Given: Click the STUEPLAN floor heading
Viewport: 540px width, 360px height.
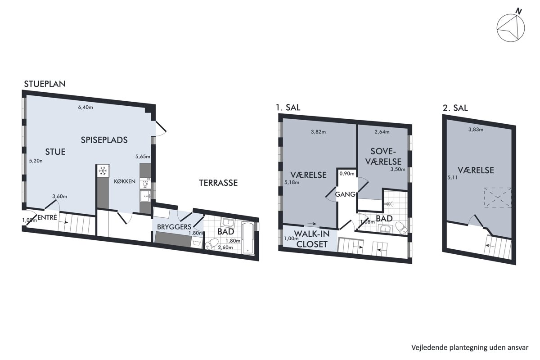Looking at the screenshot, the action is [45, 84].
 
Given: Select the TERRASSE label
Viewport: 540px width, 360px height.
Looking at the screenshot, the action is [218, 183].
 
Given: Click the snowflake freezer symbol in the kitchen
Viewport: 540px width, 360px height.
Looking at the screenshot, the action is [103, 171].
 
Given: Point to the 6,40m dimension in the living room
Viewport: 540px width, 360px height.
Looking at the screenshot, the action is [85, 107].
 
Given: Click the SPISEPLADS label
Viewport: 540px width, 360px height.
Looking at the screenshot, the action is [104, 140].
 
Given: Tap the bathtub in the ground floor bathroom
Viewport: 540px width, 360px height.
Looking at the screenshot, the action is [248, 238].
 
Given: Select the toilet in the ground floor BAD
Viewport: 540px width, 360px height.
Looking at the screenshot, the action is [211, 244].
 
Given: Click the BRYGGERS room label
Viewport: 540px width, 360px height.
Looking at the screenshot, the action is [174, 227].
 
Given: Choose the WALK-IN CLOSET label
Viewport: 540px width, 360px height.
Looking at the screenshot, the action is [312, 239].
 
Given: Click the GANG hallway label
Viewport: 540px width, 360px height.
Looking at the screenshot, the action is [345, 194].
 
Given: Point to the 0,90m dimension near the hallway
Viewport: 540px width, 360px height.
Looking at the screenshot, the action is [347, 173].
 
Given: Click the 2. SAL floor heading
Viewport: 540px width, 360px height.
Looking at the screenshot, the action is [455, 108].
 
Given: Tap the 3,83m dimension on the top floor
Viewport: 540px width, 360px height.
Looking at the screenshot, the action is [476, 130].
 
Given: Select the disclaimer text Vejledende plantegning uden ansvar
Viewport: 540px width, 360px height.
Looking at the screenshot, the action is [470, 347].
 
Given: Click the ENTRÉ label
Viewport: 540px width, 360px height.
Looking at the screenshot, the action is [47, 217].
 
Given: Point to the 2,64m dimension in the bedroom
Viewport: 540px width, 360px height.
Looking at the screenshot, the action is [382, 132].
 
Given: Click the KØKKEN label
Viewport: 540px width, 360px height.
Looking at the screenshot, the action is [125, 181].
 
